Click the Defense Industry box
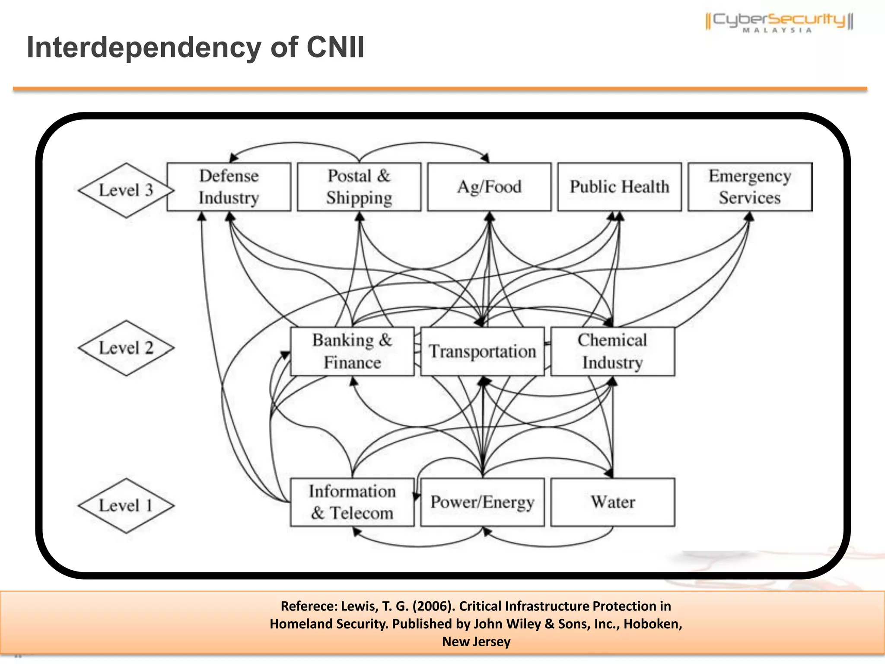click(229, 187)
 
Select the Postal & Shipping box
click(359, 187)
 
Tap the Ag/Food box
click(489, 187)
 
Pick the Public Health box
click(619, 187)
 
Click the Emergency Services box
click(750, 187)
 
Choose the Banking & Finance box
click(352, 351)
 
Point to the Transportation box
click(482, 351)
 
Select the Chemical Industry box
click(612, 351)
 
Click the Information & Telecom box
click(352, 502)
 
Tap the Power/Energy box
click(482, 502)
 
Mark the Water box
click(612, 502)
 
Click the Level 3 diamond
click(126, 190)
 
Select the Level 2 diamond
click(126, 348)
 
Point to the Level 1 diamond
click(126, 506)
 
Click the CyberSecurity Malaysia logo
click(779, 22)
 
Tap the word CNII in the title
click(335, 47)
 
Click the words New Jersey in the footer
click(476, 642)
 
